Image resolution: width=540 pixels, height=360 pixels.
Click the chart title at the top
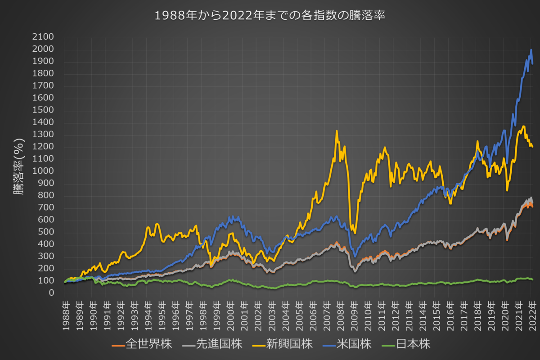pos(270,15)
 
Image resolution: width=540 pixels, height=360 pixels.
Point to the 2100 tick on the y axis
pos(43,37)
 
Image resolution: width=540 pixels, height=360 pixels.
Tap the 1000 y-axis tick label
pos(43,171)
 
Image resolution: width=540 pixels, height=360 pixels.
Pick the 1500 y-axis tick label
pos(43,110)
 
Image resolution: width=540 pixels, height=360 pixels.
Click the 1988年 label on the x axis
pos(65,313)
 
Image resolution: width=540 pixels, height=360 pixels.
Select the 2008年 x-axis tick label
pos(340,313)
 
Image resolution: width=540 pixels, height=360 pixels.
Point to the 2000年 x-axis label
pos(230,313)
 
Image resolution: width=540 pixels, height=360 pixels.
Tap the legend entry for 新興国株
pos(290,345)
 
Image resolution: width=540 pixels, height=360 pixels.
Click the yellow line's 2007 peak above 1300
pos(337,131)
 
